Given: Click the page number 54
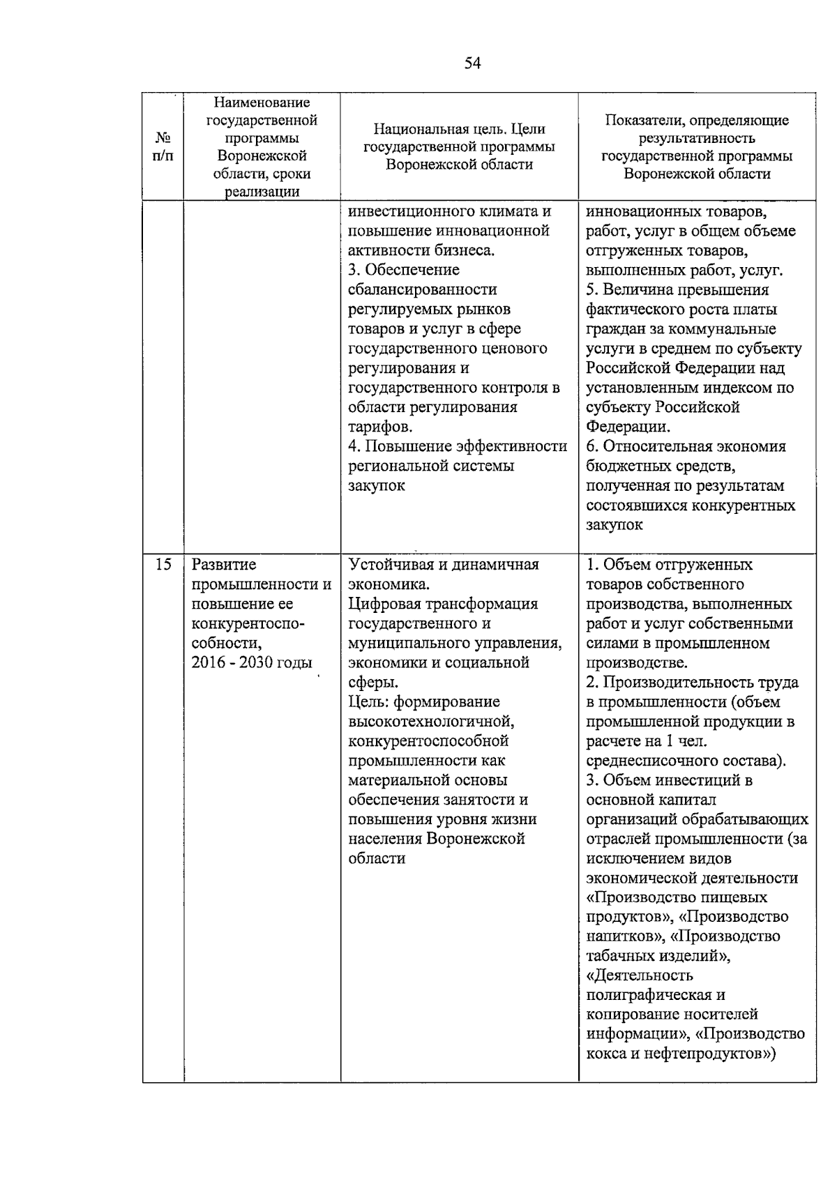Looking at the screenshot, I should (x=472, y=63).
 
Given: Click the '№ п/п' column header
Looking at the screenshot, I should (x=163, y=147).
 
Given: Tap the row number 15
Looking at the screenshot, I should (x=163, y=564).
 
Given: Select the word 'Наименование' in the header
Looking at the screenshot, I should (x=262, y=103).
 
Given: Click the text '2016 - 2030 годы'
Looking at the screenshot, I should (x=251, y=662).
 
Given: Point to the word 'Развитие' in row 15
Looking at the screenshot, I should (x=224, y=564).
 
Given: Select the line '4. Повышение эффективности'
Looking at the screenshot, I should (x=458, y=446).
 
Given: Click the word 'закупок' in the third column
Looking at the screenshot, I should (x=377, y=485).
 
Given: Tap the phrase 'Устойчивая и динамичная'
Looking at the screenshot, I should (x=444, y=564).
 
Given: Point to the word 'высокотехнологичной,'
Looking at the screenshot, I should (x=431, y=721).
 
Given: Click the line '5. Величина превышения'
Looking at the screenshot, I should (x=677, y=289).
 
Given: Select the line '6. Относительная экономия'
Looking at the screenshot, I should (x=686, y=446).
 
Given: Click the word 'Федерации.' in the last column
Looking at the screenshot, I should (x=628, y=427).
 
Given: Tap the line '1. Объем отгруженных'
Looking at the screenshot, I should (x=670, y=564).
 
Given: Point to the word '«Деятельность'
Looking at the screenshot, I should (x=640, y=975).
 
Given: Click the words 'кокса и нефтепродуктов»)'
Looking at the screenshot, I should (x=681, y=1053).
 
